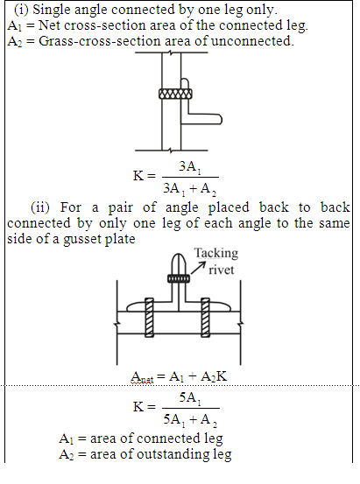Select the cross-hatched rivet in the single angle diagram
click(x=175, y=94)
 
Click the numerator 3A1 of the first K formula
click(x=190, y=167)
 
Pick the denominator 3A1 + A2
click(x=190, y=188)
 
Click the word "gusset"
click(x=81, y=240)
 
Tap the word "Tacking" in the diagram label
click(x=216, y=254)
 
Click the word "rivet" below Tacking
click(x=222, y=270)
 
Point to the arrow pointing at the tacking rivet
click(x=198, y=268)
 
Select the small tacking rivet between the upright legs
click(x=179, y=278)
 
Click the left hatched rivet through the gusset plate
click(x=149, y=318)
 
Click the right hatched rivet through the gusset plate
click(x=206, y=318)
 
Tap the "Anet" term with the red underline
click(x=142, y=377)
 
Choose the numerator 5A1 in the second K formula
click(x=190, y=398)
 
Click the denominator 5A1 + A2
click(x=190, y=420)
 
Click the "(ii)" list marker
click(x=40, y=207)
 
